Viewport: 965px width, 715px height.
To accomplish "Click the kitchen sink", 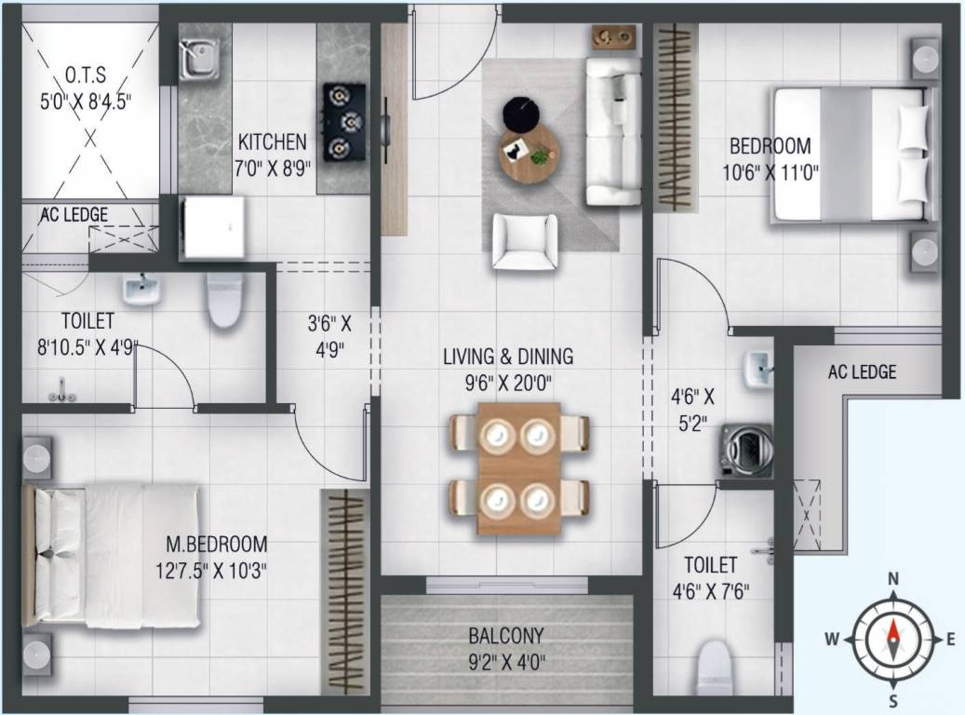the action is (200, 60).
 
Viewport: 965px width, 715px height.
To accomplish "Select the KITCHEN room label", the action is (272, 142).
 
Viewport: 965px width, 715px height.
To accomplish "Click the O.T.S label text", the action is (86, 75).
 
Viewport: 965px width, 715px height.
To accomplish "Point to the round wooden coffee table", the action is (530, 152).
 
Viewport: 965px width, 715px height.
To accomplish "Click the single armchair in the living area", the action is (525, 242).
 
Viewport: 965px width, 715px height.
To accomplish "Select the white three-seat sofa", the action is (613, 130).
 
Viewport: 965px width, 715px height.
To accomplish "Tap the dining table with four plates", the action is (519, 468).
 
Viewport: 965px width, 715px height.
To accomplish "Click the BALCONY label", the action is (506, 635).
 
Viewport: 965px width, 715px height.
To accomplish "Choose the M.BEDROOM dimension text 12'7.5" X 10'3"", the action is (211, 571).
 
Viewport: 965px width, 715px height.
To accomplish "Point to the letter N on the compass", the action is (893, 578).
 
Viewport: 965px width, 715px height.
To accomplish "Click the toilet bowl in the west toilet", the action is (224, 301).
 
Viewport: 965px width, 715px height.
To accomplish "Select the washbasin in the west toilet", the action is (141, 290).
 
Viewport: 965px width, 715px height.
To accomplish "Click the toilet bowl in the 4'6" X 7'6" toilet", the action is (715, 668).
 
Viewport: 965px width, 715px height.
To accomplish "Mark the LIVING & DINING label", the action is (508, 357).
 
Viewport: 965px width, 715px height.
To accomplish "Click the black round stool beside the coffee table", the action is (522, 114).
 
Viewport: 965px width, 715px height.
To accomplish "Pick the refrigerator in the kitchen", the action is (213, 227).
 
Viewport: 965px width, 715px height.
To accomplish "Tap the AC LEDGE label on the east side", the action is (862, 372).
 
